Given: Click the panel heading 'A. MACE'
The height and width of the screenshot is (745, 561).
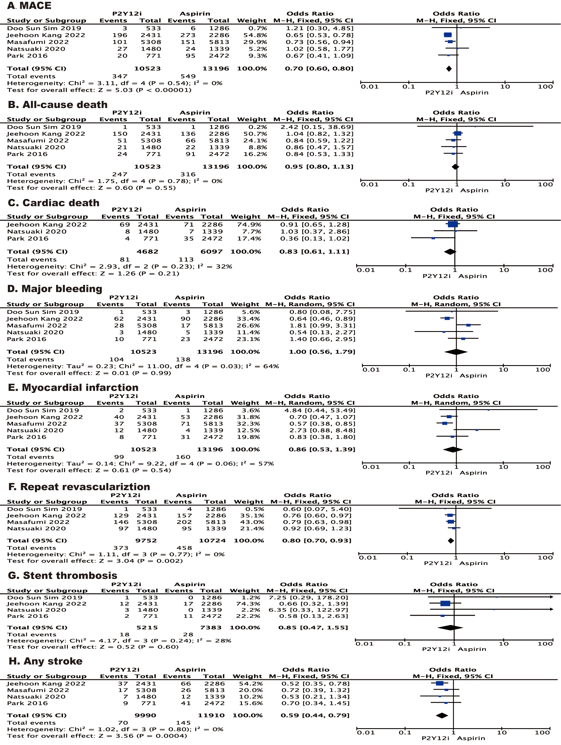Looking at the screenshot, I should point(29,6).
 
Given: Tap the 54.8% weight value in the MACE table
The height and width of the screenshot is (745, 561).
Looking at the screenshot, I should point(252,35).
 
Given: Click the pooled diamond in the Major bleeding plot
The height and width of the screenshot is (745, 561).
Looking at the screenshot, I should point(456,352).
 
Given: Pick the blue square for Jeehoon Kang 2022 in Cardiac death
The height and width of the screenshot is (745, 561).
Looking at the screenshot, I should point(453,224).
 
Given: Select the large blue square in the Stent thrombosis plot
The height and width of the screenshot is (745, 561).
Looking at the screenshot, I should point(445,604).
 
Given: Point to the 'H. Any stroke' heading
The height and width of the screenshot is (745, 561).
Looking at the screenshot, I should point(46,661).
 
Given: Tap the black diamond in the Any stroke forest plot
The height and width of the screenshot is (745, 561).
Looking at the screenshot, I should point(442,716).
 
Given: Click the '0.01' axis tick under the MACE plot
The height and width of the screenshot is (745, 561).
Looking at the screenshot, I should point(369,87).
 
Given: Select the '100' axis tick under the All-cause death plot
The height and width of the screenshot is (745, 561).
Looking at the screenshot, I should point(545,185).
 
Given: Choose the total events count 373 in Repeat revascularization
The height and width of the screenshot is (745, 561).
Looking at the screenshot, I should point(121,548).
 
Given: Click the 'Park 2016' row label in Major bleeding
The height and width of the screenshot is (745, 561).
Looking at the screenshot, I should point(27,339).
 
